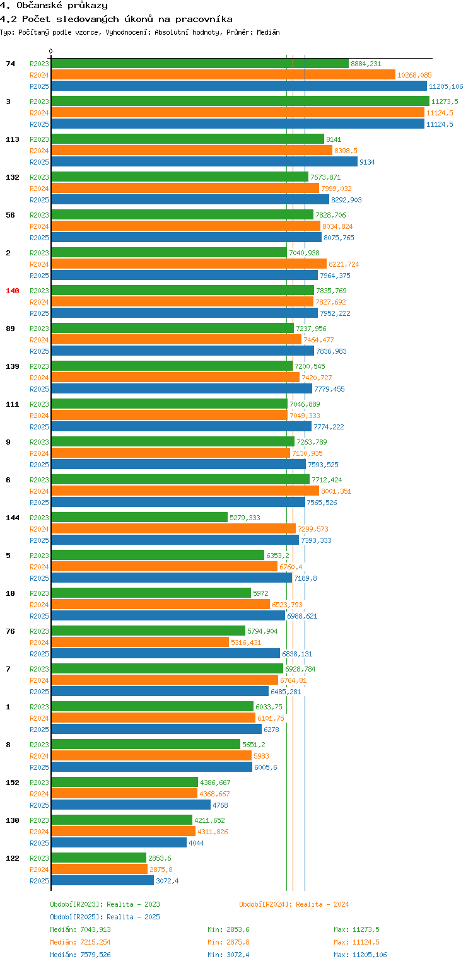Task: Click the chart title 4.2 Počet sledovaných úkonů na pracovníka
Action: coord(116,19)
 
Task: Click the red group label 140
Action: coord(12,291)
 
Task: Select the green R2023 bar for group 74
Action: coord(199,64)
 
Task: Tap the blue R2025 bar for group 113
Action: coord(204,162)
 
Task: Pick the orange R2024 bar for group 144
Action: coord(173,529)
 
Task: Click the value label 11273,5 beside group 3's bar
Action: coord(445,102)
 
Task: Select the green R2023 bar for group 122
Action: coord(98,858)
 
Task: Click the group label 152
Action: coord(12,783)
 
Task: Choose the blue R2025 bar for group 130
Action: coord(119,843)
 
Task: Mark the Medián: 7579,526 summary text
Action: coord(80,955)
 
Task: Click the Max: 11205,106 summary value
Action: coord(360,955)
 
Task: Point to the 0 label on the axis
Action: coord(51,51)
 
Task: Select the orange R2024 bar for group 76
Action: coord(139,643)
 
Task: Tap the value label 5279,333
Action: coord(245,518)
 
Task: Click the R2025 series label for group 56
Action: coord(39,238)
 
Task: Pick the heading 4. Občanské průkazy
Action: coord(54,6)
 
